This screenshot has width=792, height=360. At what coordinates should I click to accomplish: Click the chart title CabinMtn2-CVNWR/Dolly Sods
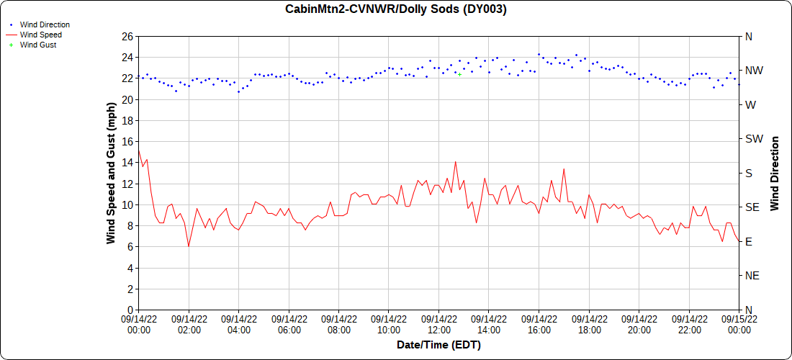pos(396,9)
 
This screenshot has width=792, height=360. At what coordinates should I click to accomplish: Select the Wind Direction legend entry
pos(45,24)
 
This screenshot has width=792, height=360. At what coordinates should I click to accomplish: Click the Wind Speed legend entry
pos(40,35)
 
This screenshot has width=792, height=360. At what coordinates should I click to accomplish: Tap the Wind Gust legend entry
pos(38,45)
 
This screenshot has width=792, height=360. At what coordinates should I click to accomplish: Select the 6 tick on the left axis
pos(130,247)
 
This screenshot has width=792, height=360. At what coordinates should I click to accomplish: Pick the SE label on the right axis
pos(752,207)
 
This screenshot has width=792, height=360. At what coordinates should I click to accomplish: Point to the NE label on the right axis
pos(752,276)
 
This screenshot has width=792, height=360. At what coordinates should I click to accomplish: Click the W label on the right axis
pos(750,105)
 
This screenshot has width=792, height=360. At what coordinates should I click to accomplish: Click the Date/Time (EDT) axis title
pos(438,345)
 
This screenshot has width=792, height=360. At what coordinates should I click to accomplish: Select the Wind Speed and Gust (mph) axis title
pos(111,173)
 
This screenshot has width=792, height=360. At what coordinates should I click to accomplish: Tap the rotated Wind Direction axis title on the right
pos(775,173)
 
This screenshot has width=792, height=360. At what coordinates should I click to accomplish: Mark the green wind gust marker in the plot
pos(459,74)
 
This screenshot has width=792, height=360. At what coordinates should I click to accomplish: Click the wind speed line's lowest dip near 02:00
pos(189,246)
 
